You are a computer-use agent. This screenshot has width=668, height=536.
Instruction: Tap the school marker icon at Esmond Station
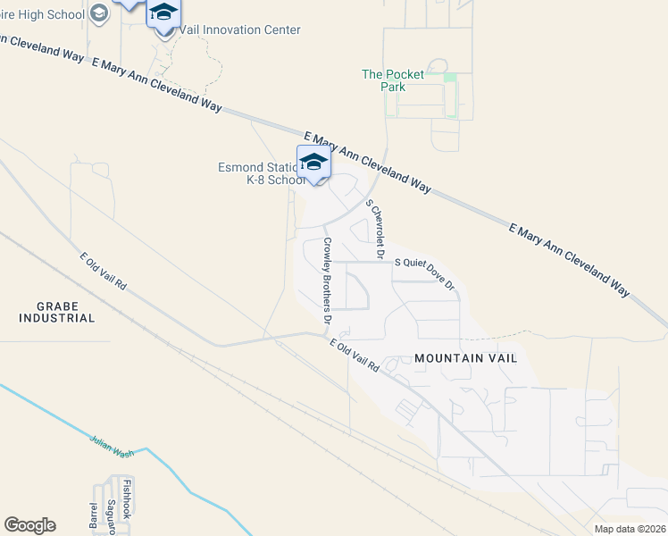[x=313, y=162]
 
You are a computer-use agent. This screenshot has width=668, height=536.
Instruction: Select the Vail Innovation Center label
[x=239, y=29]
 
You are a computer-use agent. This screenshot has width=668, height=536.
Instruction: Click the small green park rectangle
[x=450, y=78]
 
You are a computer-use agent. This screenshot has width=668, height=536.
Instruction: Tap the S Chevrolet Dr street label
[x=376, y=223]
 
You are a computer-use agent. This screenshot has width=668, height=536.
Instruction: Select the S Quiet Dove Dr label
[x=424, y=274]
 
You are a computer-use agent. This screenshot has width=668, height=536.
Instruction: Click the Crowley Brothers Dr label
[x=328, y=281]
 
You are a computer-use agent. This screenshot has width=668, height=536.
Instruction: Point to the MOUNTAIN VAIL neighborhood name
[x=465, y=358]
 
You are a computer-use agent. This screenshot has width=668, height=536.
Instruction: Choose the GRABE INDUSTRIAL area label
[x=54, y=312]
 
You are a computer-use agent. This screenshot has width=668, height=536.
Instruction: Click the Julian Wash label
[x=112, y=445]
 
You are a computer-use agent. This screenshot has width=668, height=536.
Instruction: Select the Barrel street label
[x=94, y=517]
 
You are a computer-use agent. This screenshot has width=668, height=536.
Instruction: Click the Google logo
[x=29, y=524]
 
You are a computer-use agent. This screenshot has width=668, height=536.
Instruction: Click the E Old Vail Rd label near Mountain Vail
[x=355, y=355]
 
